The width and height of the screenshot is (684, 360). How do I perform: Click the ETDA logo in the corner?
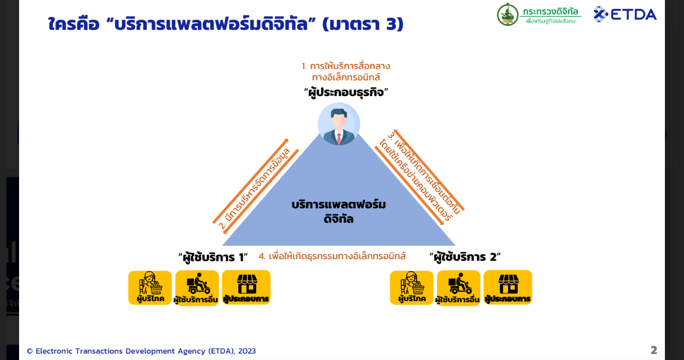click(x=625, y=14)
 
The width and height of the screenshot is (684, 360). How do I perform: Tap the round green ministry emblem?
click(x=507, y=14)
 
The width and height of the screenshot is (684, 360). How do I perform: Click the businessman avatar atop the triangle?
click(x=339, y=124)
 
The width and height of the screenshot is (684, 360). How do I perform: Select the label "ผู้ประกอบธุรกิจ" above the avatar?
click(x=346, y=92)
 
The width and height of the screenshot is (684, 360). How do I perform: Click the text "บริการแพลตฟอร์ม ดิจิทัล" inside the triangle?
click(x=339, y=212)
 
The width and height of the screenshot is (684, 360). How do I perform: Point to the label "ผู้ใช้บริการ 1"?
click(x=213, y=257)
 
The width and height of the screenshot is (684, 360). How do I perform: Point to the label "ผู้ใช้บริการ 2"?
click(x=465, y=257)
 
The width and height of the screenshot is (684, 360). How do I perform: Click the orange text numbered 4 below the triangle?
click(x=332, y=256)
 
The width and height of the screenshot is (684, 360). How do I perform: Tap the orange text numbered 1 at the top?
click(x=346, y=72)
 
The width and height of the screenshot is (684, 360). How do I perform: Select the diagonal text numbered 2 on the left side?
click(x=254, y=189)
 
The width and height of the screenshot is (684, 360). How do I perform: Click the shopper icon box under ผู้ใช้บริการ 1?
click(x=150, y=288)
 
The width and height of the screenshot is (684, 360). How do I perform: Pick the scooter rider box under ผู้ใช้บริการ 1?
click(x=197, y=288)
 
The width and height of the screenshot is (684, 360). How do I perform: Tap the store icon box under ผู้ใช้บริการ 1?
click(x=246, y=287)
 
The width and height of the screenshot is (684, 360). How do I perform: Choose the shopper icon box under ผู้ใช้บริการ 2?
click(x=411, y=288)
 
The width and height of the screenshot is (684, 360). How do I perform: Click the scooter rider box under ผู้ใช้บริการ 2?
click(x=459, y=288)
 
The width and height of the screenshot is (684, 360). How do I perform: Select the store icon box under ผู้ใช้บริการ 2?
click(x=508, y=287)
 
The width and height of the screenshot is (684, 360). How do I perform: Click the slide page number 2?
click(x=654, y=350)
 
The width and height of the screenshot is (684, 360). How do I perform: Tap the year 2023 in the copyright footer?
click(x=247, y=351)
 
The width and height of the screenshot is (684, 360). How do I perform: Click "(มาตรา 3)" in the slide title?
click(x=363, y=24)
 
